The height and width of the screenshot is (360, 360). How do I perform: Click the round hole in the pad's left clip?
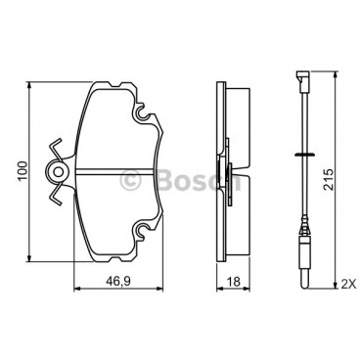(x=59, y=173)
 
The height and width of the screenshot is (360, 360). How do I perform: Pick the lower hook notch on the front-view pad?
(x=146, y=232)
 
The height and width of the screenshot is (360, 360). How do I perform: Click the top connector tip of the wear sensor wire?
(x=299, y=75)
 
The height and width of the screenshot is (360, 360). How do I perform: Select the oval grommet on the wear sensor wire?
(x=300, y=155)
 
